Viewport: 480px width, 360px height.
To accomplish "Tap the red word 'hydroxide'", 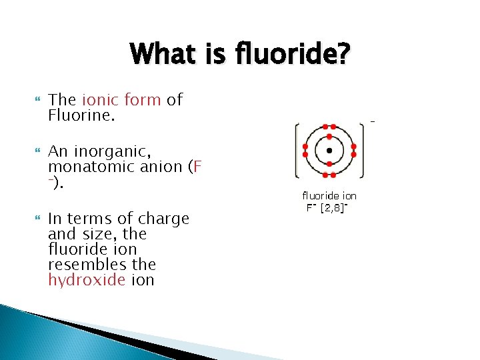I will (86, 280).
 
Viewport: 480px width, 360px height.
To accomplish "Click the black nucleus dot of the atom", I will (329, 150).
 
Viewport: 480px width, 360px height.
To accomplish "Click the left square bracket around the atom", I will (297, 150).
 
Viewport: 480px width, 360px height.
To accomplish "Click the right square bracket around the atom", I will (362, 150).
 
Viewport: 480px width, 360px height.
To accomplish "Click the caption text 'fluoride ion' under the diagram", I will (329, 196).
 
